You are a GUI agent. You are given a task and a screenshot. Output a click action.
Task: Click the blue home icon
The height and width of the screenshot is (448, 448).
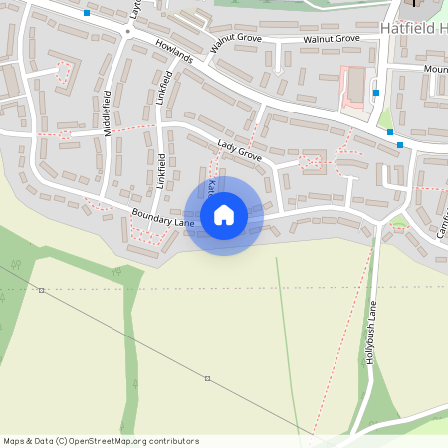coord(223,215)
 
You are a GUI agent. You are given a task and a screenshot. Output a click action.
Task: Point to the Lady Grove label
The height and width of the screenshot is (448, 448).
coord(238,152)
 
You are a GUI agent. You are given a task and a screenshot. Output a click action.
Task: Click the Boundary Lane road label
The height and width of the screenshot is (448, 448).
coord(154,221)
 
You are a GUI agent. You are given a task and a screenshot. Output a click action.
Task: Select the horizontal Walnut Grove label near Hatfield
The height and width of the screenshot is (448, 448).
coord(332,39)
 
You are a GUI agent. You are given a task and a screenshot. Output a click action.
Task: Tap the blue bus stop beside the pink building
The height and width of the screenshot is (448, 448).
coord(376,93)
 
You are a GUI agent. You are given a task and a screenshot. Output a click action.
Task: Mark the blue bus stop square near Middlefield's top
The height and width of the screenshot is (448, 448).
coord(88,13)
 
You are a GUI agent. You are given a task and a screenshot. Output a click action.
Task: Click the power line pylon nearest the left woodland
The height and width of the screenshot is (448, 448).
coord(41,290)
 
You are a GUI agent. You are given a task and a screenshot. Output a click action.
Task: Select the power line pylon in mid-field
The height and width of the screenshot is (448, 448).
coord(207,378)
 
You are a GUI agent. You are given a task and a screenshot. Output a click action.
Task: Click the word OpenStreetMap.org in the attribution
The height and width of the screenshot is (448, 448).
coord(112,441)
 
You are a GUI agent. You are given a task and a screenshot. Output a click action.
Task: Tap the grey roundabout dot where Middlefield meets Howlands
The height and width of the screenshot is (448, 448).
coord(128,31)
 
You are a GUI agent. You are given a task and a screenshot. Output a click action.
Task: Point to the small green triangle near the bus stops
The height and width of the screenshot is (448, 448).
coord(385,120)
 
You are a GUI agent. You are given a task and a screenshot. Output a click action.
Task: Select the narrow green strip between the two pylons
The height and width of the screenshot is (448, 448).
coord(127,338)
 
